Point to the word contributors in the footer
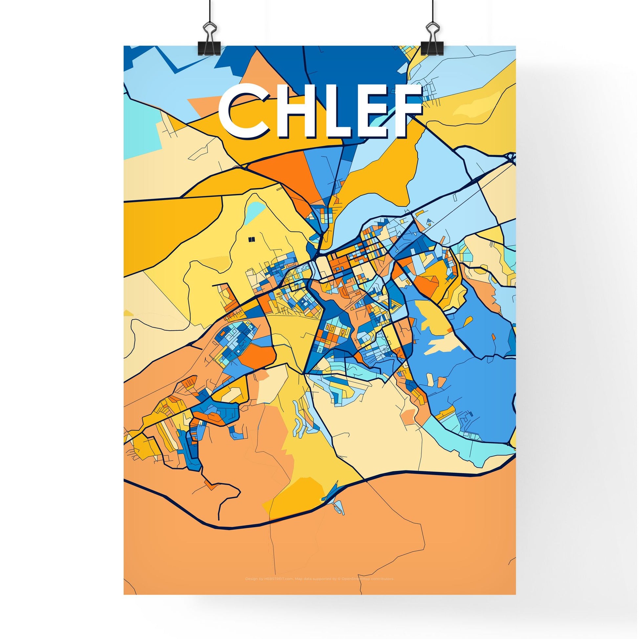click(383, 579)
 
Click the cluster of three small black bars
click(252, 238)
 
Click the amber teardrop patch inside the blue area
click(430, 318)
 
